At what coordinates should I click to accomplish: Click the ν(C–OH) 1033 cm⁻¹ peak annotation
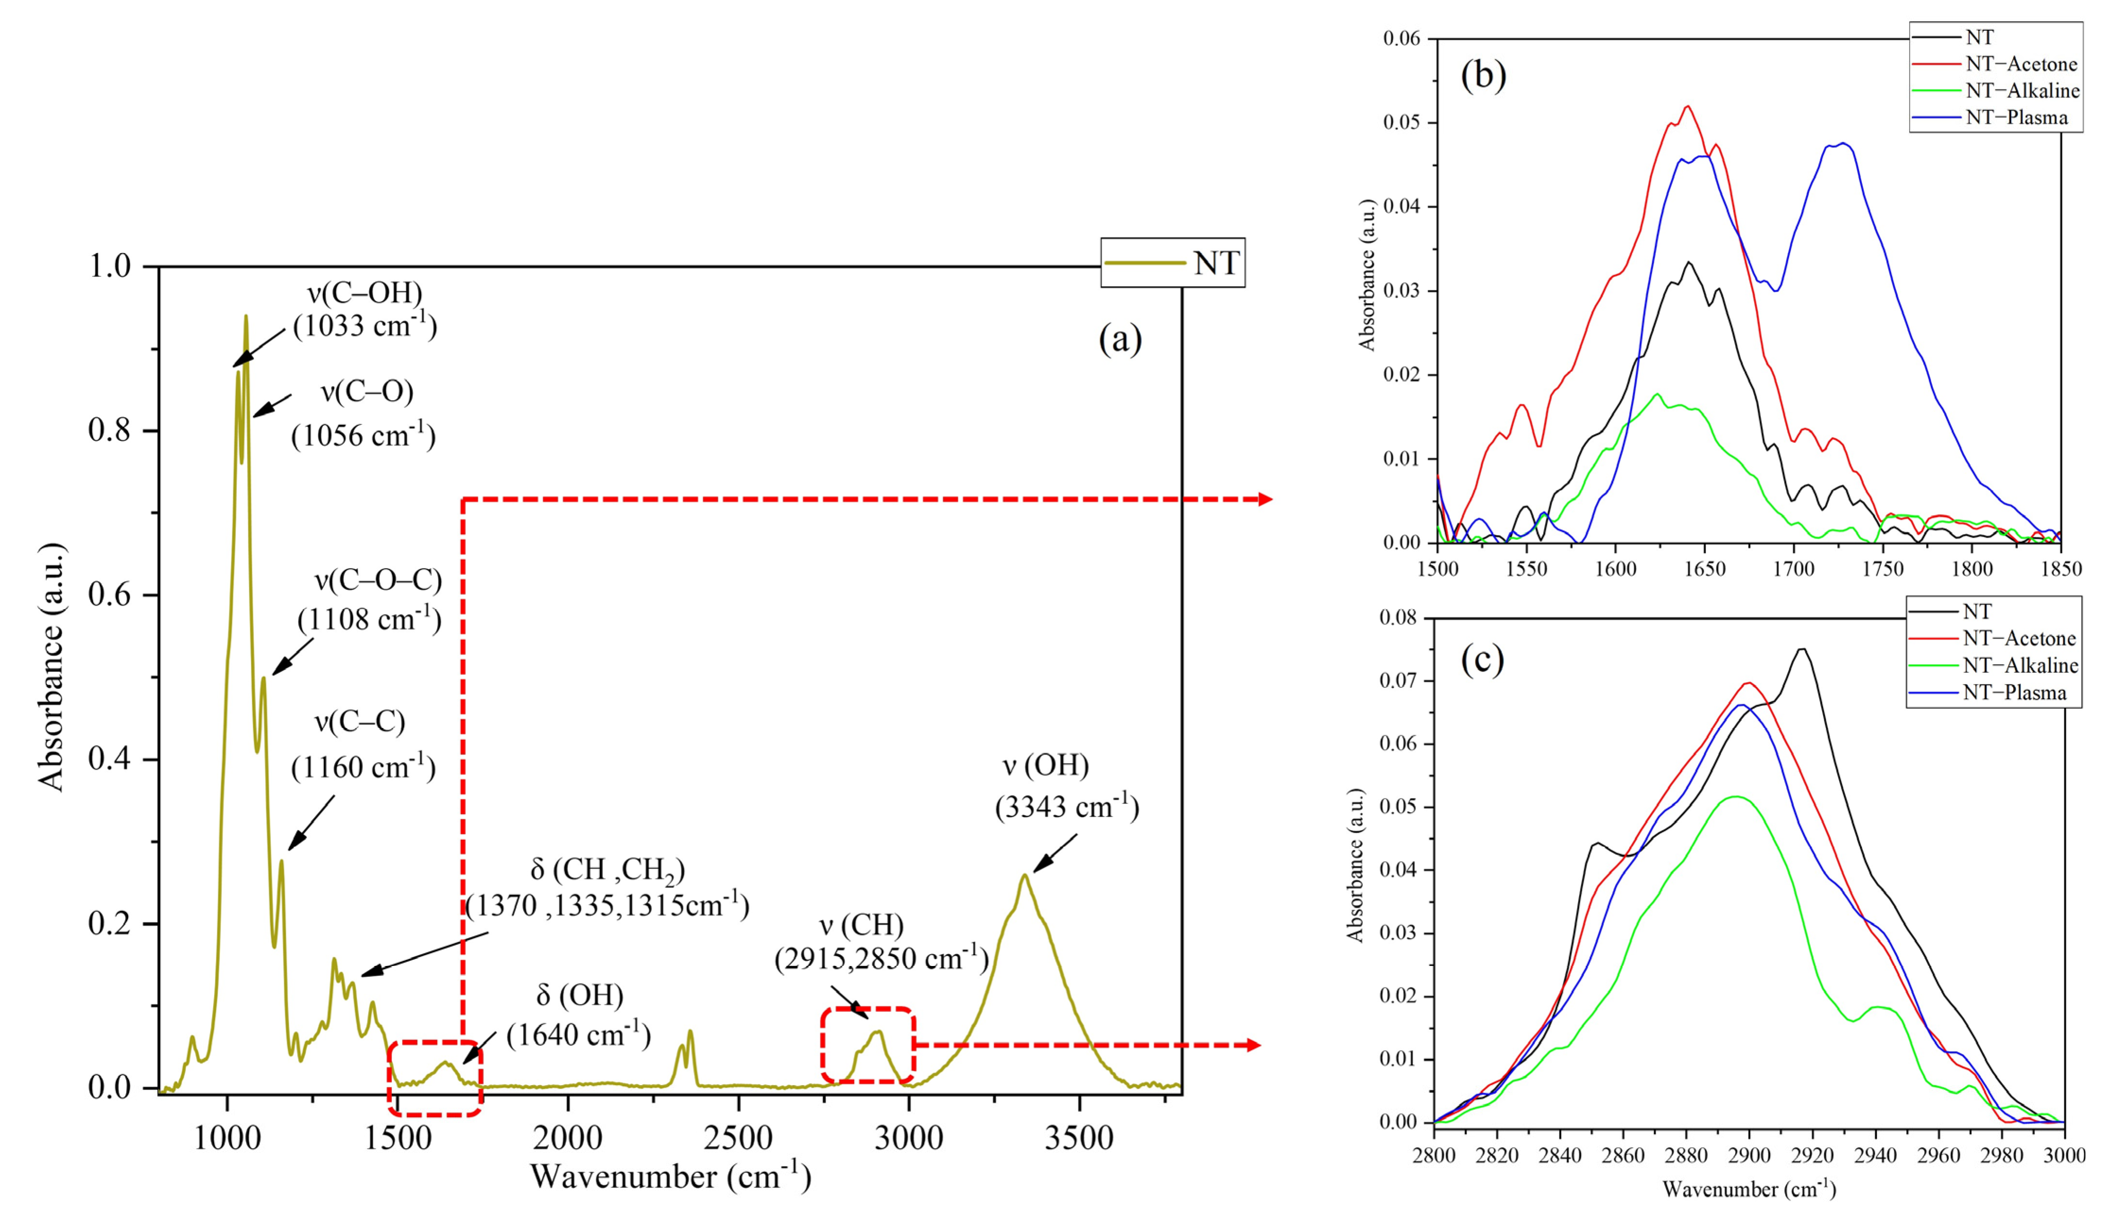point(365,309)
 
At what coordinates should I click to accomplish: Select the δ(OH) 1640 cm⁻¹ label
point(578,1015)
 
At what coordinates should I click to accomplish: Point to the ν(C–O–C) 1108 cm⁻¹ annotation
point(370,599)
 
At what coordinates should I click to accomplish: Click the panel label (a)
point(1120,339)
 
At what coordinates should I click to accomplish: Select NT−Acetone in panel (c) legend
point(2019,639)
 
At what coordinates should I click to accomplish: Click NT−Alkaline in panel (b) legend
point(2022,91)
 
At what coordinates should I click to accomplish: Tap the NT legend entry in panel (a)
point(1216,263)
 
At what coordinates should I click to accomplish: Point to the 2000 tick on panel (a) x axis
point(568,1138)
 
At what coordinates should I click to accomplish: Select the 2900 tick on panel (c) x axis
point(1749,1156)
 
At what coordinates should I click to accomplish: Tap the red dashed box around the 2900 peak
point(868,1010)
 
